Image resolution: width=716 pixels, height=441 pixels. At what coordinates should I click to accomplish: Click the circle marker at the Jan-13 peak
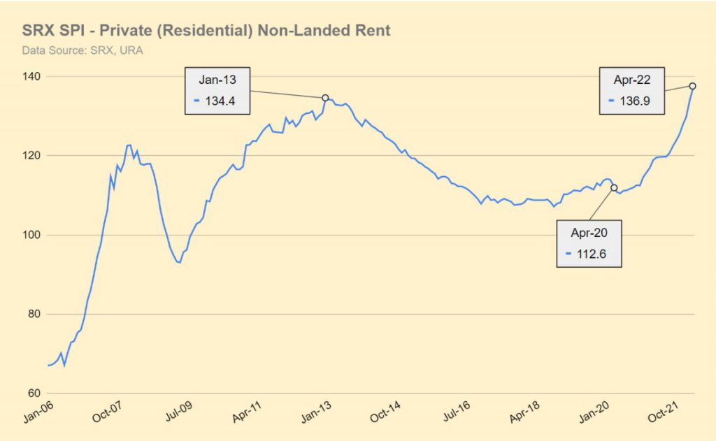click(325, 98)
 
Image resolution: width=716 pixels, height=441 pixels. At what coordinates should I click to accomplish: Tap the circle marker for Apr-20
click(614, 187)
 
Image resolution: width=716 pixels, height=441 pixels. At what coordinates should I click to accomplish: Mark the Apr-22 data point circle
click(692, 86)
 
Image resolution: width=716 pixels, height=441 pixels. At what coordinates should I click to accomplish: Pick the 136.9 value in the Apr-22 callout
click(635, 101)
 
